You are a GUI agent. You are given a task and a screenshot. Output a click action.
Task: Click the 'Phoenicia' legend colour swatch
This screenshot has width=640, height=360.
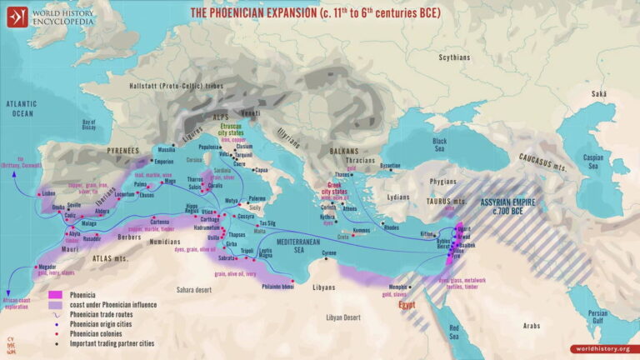tap(57, 295)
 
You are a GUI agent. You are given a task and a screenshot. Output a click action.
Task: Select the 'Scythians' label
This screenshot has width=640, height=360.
tap(455, 57)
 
